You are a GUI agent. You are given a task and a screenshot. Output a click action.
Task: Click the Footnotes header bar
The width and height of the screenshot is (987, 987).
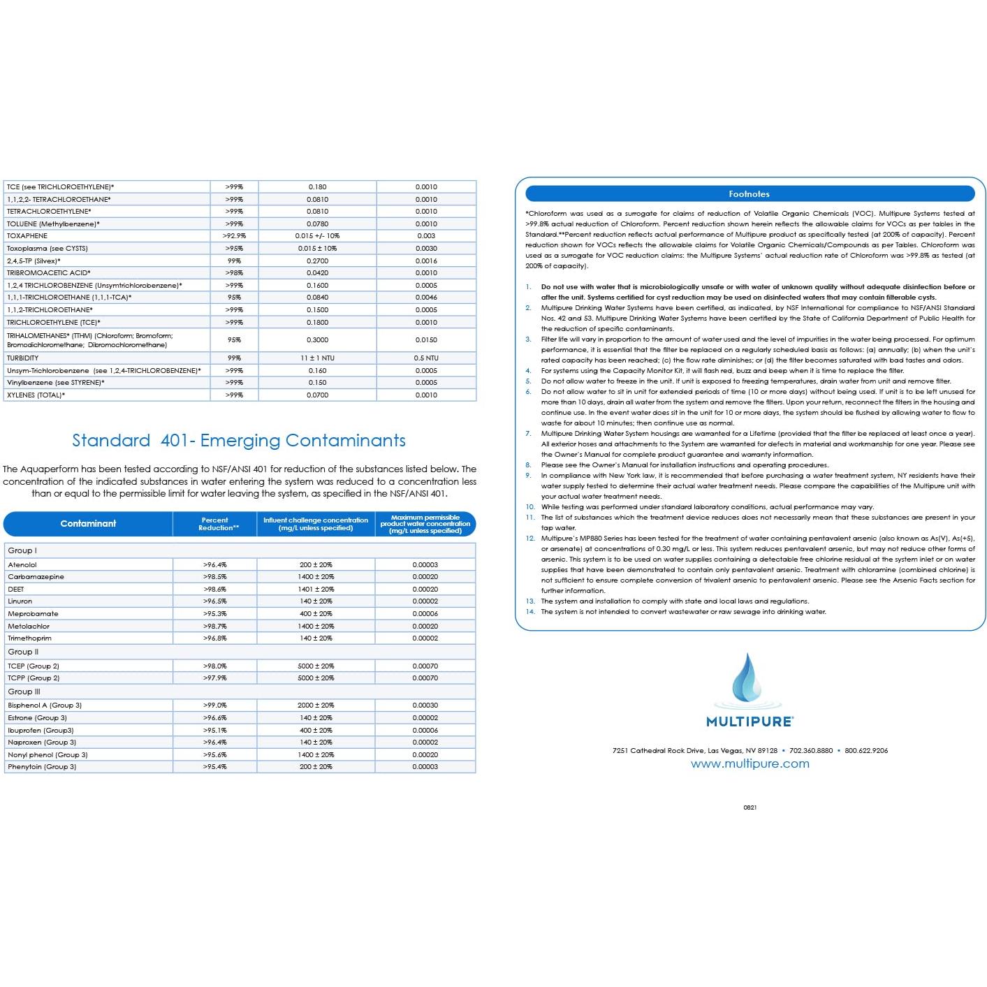(x=749, y=194)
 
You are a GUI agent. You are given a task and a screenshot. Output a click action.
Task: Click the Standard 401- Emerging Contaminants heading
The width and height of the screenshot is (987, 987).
(x=239, y=441)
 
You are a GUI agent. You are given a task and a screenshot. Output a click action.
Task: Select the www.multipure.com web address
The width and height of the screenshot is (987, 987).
(x=750, y=763)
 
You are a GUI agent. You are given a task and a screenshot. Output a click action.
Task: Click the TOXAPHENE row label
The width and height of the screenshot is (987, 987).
(x=27, y=236)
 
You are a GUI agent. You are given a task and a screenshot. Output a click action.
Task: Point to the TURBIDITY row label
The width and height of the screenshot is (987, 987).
(x=23, y=358)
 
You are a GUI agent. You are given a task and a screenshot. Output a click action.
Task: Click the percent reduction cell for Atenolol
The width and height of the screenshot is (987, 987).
(x=214, y=564)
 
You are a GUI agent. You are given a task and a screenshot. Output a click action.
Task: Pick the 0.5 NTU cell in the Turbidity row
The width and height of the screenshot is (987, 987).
(x=426, y=358)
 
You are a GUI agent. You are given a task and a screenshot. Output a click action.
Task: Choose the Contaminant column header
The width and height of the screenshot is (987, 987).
(x=88, y=524)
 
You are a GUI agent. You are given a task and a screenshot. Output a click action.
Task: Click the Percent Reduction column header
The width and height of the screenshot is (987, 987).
(x=215, y=524)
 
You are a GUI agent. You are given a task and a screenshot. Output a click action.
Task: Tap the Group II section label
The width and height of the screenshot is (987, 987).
(x=23, y=652)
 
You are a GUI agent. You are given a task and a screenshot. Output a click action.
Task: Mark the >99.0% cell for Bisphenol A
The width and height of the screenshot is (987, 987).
(x=214, y=705)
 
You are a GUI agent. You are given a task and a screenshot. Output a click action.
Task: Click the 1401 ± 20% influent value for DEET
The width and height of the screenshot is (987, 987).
(x=316, y=589)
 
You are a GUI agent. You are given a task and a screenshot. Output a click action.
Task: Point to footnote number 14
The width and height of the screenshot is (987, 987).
(x=530, y=612)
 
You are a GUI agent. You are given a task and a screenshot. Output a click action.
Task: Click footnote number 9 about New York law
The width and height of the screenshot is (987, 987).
(x=529, y=476)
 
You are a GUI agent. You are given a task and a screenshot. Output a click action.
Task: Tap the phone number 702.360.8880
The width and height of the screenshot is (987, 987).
(x=810, y=751)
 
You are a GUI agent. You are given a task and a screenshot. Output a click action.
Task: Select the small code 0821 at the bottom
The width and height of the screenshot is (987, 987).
(x=750, y=807)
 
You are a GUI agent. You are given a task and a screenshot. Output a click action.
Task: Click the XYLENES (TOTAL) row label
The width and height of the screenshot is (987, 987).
(x=36, y=395)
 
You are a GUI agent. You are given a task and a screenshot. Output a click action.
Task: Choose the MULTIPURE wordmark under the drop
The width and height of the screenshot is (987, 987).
(x=750, y=722)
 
